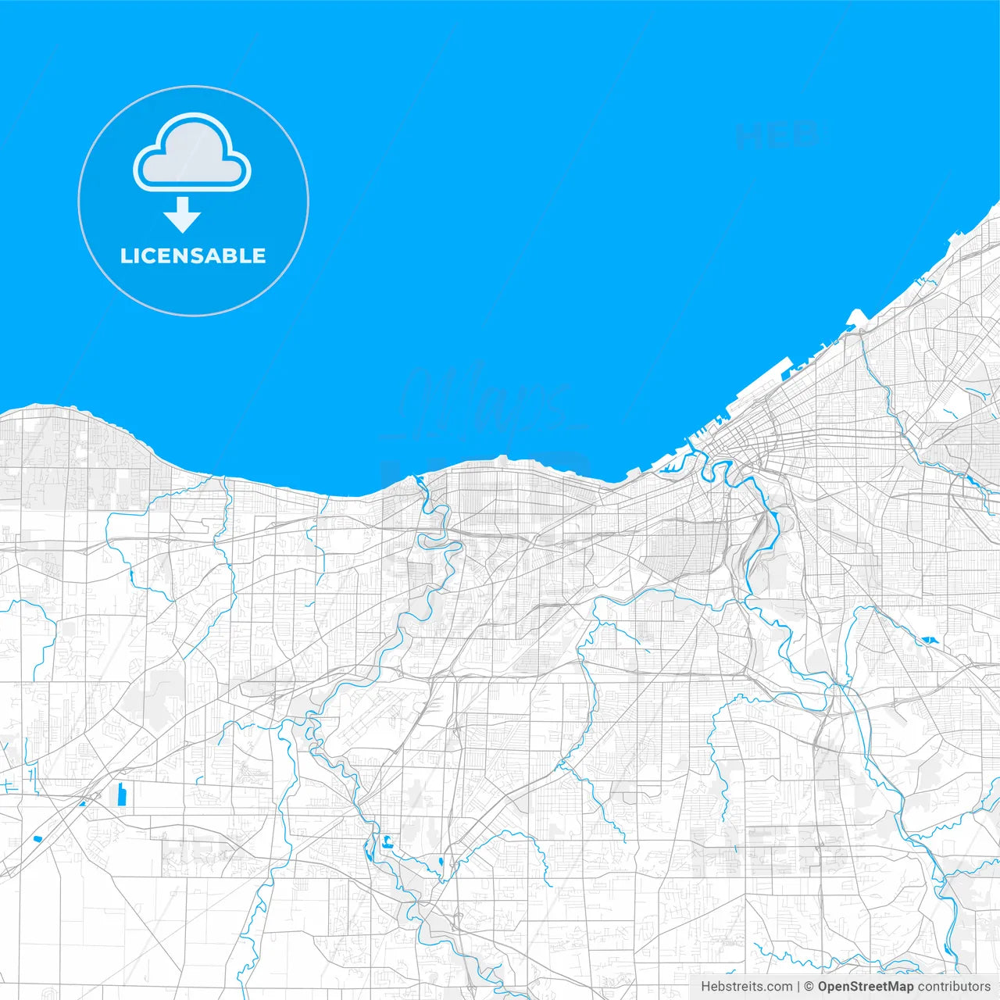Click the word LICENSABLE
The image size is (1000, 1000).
point(193,255)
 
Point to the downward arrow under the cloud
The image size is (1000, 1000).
point(183,215)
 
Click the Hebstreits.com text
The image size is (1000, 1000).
point(746,987)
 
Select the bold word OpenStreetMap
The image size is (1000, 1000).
point(865,987)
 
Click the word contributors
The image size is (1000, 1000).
point(954,987)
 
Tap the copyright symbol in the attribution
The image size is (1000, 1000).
point(809,987)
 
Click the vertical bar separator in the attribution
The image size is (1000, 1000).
point(798,987)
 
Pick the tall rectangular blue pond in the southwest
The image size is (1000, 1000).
point(121,795)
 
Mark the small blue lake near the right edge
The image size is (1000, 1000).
point(928,641)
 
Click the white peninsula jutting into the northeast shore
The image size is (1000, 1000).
point(855,317)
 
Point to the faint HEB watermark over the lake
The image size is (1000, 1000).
point(777,136)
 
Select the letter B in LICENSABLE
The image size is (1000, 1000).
point(227,255)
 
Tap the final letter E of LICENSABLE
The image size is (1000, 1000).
point(259,255)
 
